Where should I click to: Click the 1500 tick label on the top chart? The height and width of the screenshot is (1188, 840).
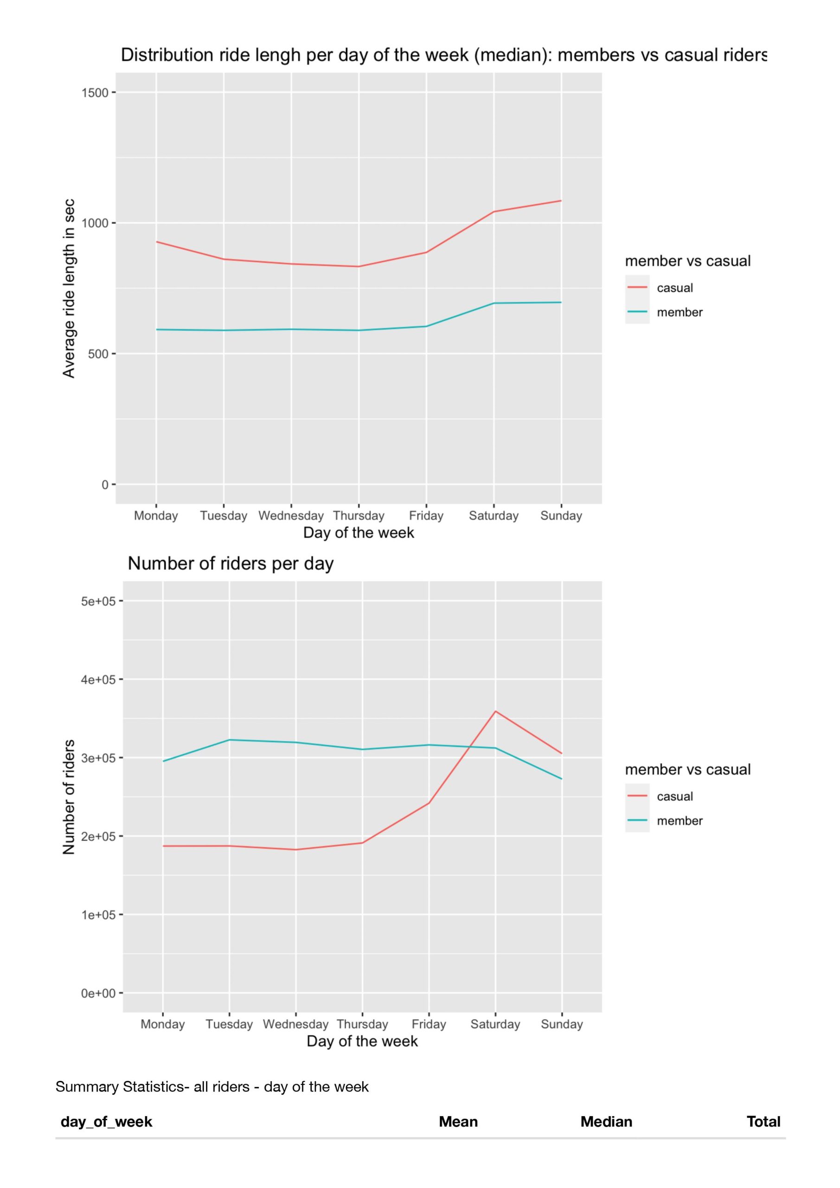95,93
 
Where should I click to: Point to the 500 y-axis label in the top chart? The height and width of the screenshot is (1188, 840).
98,354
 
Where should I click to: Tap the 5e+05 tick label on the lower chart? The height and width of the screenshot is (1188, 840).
98,601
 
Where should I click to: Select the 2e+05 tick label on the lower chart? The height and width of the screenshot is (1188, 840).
98,837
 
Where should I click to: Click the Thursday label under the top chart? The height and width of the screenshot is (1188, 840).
359,516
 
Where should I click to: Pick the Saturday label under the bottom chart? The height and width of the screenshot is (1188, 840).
495,1025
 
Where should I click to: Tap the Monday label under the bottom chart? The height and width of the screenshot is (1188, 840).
162,1025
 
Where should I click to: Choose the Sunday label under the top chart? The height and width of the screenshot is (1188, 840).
561,516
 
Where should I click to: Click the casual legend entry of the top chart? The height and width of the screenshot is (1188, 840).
674,288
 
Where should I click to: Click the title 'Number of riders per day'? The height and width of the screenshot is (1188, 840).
231,563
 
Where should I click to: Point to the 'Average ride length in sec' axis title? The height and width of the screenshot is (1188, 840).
69,288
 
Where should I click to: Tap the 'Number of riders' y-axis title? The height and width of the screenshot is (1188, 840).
69,797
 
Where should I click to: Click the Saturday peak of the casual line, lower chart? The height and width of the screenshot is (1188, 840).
495,711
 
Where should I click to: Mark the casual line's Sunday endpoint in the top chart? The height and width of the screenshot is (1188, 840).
561,201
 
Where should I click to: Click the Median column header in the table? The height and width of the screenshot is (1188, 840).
606,1122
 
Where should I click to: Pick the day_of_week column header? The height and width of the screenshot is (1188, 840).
106,1122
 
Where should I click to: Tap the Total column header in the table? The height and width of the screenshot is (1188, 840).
763,1122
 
